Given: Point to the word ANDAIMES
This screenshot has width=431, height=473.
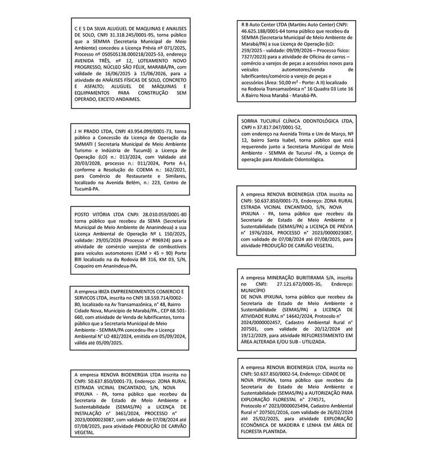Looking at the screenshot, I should tap(124, 99).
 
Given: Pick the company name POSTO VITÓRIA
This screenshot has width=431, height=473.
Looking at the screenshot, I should tap(93, 215).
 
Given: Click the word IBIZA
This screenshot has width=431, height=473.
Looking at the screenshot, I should tap(110, 292).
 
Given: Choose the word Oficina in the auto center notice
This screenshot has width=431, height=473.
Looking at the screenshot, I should tap(318, 56).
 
